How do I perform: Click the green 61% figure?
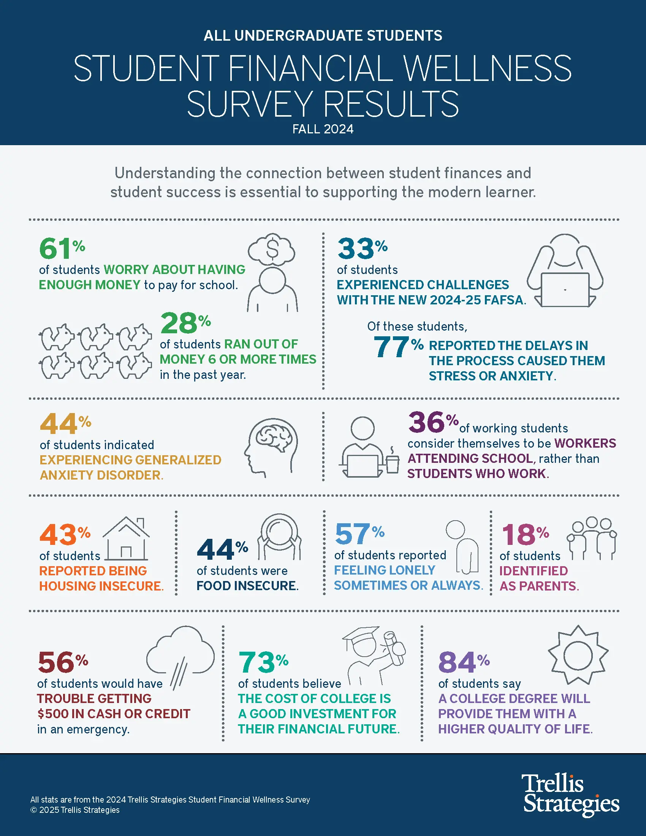(61, 249)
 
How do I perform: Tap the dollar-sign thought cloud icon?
(272, 249)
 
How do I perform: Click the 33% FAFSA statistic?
(362, 249)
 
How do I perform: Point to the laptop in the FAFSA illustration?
(565, 290)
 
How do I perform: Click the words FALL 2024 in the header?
(323, 129)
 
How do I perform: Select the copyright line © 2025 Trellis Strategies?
(75, 810)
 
